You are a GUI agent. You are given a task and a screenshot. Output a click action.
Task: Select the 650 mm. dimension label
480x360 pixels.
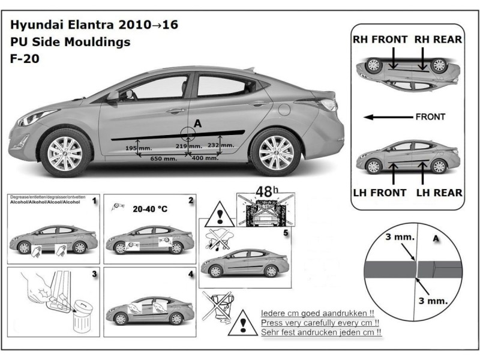[163, 159]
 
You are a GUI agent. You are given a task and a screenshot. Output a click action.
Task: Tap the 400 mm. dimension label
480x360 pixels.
[205, 159]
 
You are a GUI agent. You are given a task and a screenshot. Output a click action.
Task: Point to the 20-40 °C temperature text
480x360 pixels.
[150, 209]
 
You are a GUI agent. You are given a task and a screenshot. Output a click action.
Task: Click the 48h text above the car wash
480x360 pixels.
[264, 191]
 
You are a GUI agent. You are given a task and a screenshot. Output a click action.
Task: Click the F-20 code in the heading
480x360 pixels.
[24, 59]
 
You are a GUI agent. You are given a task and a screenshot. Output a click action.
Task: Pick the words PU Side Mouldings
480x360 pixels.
[70, 42]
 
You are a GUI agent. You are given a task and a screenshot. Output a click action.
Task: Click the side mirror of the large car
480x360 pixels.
[113, 96]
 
